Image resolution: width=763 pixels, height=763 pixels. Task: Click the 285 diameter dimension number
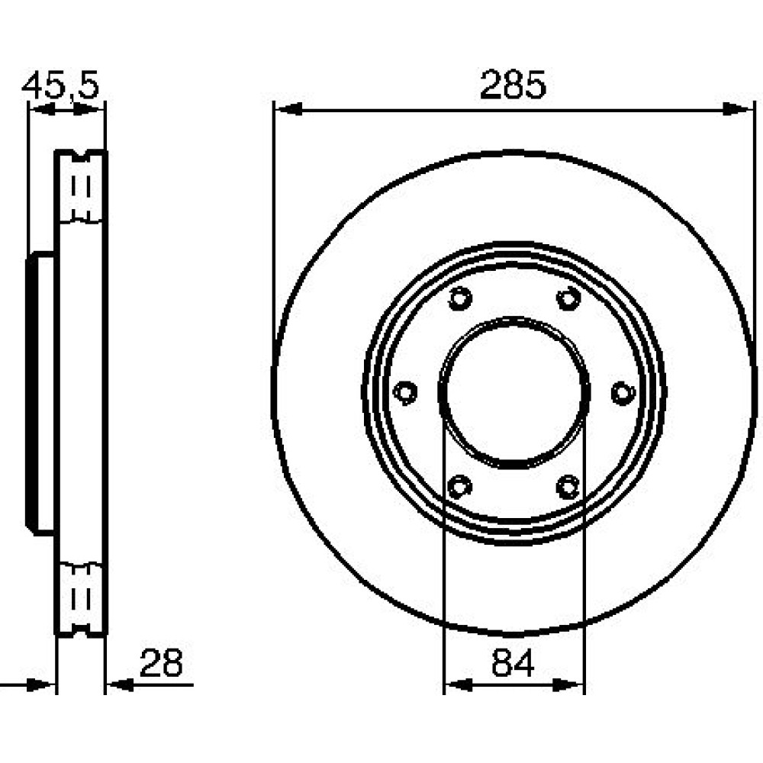click(513, 85)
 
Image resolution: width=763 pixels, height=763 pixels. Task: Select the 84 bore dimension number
click(513, 663)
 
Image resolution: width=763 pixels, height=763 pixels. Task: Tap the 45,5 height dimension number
click(60, 85)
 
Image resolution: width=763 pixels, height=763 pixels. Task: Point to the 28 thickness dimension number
click(161, 663)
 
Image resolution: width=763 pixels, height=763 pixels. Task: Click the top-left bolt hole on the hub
click(460, 298)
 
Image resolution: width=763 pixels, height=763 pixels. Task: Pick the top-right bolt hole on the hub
click(568, 298)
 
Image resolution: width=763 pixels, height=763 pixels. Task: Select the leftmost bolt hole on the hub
click(405, 392)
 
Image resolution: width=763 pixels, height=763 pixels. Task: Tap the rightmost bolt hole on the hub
click(623, 392)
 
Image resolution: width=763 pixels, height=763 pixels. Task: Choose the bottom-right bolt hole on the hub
click(568, 487)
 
